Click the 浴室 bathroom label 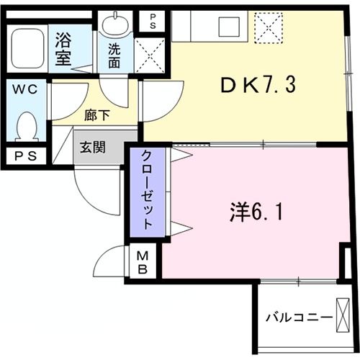(63, 48)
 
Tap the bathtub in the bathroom (27, 49)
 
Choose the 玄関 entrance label (92, 148)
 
